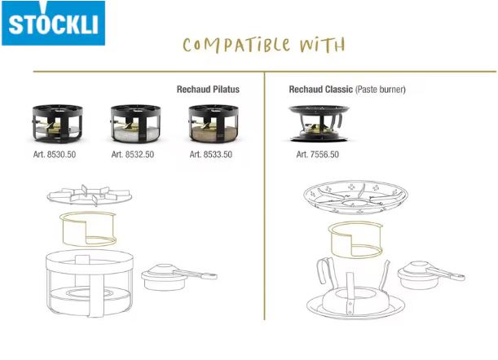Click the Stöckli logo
53,23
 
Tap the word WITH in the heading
323,45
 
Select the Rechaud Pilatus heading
208,90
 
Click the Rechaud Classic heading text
321,90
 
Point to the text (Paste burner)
381,90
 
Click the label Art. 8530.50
55,155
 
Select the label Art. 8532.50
133,155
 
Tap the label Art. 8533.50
211,155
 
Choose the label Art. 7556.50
318,155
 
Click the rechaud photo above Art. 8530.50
58,124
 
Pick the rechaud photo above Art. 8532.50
135,124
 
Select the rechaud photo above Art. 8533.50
214,124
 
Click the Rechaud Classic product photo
319,124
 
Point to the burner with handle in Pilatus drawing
178,277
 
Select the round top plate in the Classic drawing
355,197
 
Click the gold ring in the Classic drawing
332,240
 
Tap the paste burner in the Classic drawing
430,275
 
